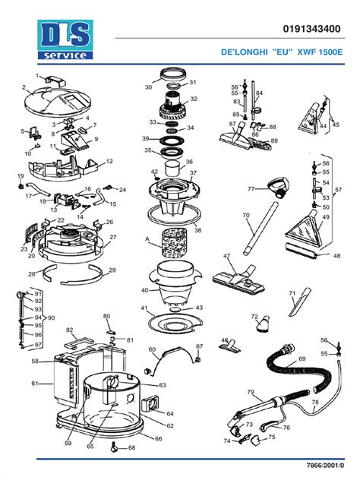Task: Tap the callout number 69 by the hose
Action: coord(302,358)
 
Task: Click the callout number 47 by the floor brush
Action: coord(226,257)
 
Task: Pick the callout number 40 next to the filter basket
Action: coord(144,290)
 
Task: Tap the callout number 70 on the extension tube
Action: coord(245,216)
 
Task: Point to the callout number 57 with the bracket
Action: coord(339,189)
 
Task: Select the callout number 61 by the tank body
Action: coord(34,384)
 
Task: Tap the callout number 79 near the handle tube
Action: coord(251,392)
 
